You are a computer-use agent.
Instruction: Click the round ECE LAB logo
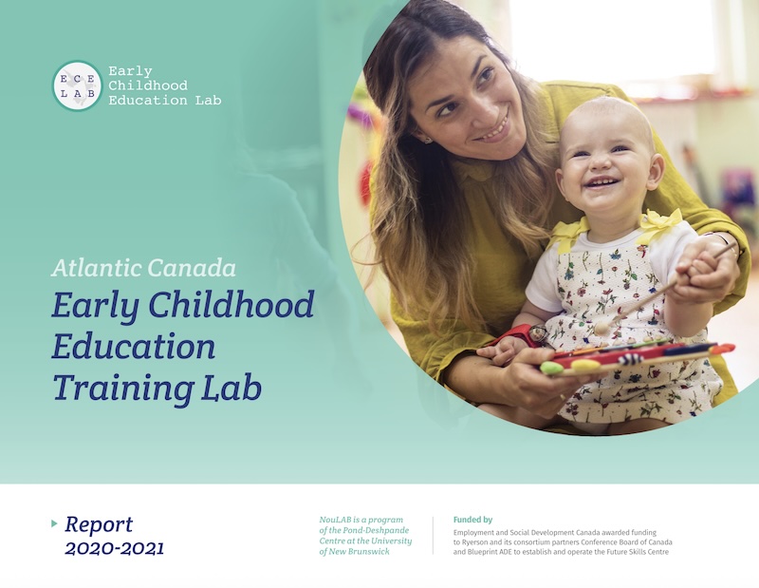pyautogui.click(x=77, y=85)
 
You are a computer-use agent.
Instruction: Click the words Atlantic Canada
pyautogui.click(x=143, y=267)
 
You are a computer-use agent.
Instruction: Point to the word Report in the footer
pyautogui.click(x=99, y=524)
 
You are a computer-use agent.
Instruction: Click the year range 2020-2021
pyautogui.click(x=114, y=548)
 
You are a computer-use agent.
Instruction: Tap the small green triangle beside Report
pyautogui.click(x=55, y=523)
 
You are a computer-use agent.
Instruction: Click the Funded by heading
pyautogui.click(x=473, y=520)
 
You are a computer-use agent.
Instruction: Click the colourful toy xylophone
pyautogui.click(x=636, y=356)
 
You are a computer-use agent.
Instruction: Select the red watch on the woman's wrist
pyautogui.click(x=519, y=334)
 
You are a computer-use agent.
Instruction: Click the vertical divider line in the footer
pyautogui.click(x=433, y=536)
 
